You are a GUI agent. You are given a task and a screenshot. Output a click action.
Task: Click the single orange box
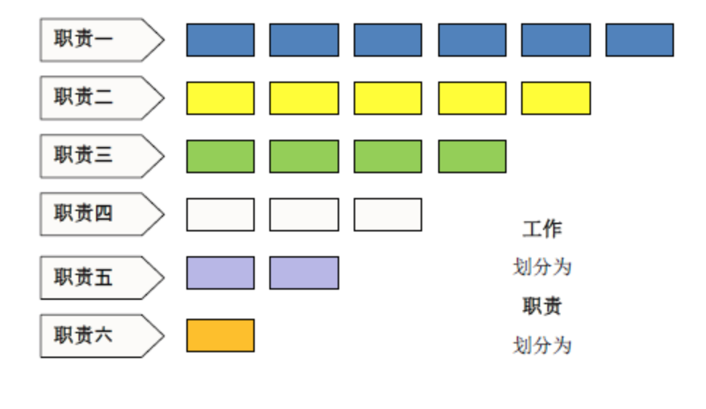pos(221,335)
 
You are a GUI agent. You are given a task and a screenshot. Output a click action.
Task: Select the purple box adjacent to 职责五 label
pos(221,273)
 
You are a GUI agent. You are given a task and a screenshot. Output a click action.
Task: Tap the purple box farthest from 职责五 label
pos(304,273)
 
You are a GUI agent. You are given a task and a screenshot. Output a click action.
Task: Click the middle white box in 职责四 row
pos(304,215)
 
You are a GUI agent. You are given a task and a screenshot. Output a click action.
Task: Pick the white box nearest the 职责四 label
pos(221,215)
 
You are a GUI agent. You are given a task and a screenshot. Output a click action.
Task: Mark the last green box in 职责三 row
pos(472,156)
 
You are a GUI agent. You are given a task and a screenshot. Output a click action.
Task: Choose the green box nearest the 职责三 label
pos(221,156)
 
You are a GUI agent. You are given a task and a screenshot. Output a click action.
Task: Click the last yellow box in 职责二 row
pos(556,98)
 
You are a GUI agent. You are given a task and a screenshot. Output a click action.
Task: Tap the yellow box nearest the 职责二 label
pos(221,98)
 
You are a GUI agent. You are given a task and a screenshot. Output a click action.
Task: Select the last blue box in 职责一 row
pos(640,40)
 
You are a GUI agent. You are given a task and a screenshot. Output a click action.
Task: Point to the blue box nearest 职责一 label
pos(221,40)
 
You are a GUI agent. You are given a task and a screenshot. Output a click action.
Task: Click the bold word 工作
pos(542,229)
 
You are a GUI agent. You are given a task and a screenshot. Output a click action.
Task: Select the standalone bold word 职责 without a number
pos(542,306)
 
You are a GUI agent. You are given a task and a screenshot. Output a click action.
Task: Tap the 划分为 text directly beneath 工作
pos(542,267)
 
